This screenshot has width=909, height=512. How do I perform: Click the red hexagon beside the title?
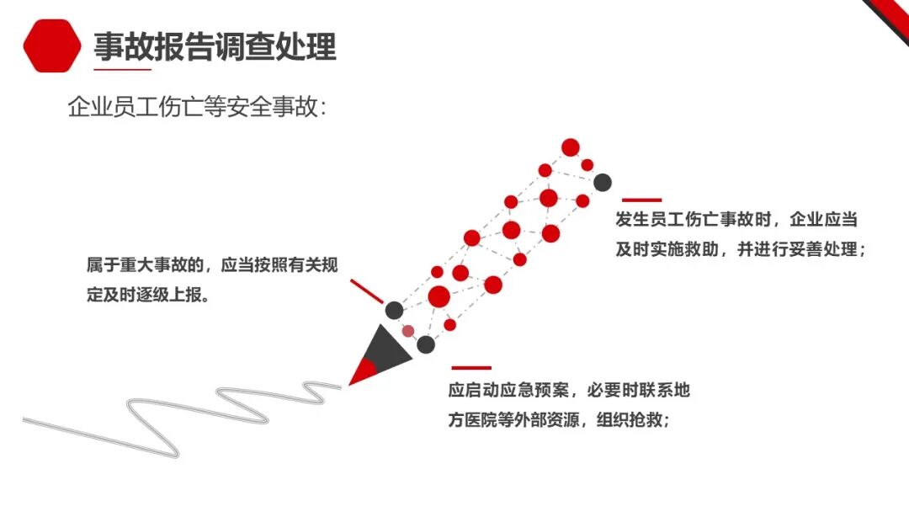click(52, 46)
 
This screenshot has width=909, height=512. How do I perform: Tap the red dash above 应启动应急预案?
click(471, 368)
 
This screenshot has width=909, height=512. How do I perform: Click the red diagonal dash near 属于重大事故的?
click(366, 291)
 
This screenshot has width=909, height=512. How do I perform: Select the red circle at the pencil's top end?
click(571, 147)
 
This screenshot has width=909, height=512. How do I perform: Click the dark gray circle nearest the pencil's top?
click(602, 182)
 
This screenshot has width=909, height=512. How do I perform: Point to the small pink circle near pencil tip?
click(408, 331)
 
